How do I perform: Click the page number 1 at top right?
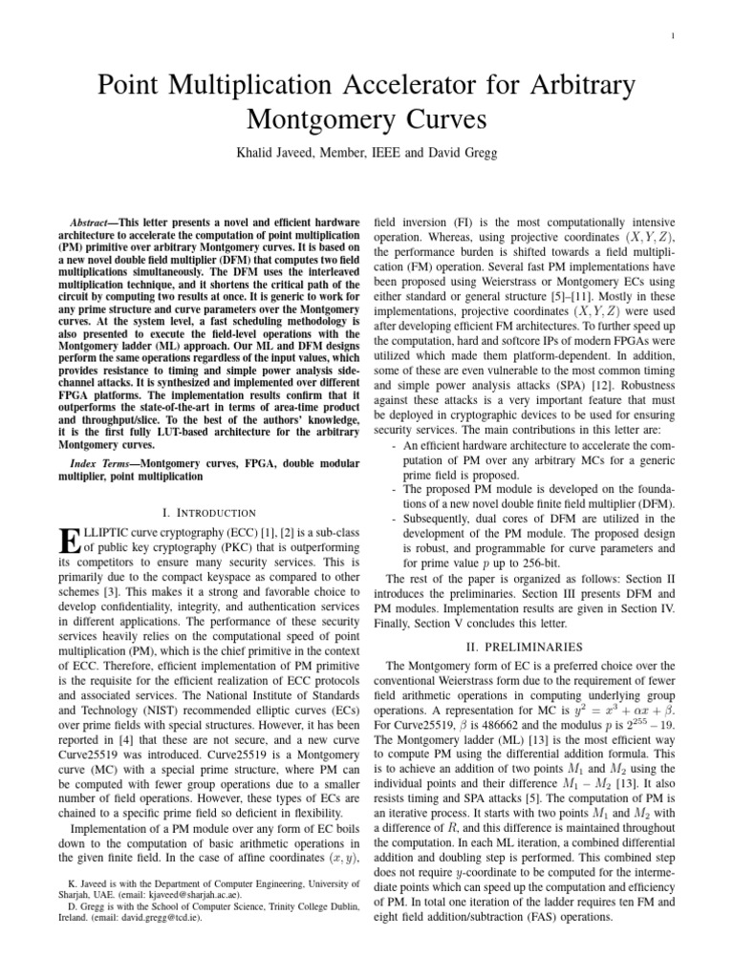click(x=675, y=37)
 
